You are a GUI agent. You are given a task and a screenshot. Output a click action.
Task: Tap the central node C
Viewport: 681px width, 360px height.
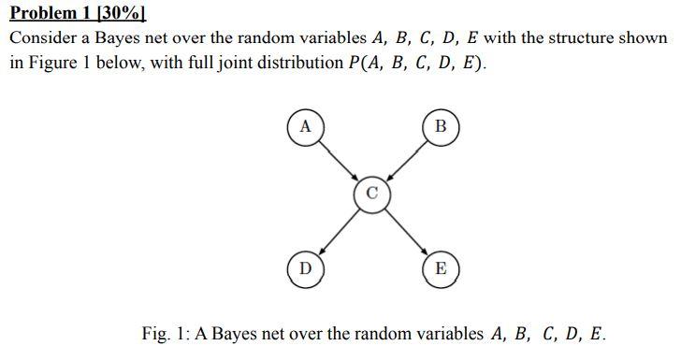[x=372, y=194]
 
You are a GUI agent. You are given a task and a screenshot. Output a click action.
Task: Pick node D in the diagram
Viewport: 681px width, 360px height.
[x=303, y=268]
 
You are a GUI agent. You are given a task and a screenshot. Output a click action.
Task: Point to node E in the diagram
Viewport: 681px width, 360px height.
[x=442, y=268]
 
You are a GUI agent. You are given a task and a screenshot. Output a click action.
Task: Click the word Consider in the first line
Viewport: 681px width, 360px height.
[x=41, y=39]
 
